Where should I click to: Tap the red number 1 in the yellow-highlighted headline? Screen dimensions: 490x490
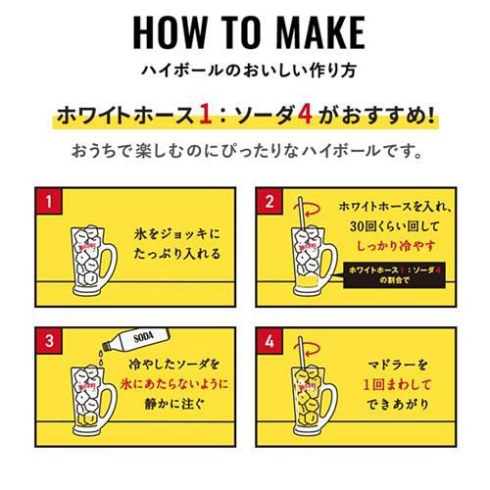206,115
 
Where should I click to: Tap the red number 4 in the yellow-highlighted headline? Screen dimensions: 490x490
305,115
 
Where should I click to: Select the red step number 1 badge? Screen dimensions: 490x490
49,201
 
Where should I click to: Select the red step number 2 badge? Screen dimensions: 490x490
269,201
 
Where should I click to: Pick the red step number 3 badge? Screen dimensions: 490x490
49,341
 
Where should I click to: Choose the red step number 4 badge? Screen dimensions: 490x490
269,341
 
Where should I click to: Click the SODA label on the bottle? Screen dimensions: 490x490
143,337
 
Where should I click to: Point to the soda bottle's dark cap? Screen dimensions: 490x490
106,345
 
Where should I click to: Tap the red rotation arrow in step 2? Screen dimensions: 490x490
311,209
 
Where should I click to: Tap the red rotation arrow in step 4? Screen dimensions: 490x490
311,348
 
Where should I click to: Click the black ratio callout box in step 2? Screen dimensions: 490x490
394,274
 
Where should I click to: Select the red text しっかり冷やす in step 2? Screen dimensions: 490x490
396,246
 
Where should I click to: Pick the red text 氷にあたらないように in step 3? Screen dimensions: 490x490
174,384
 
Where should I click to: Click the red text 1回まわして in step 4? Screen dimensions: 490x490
397,384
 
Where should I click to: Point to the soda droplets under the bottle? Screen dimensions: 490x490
101,358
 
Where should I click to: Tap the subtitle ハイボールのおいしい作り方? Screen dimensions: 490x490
249,71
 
